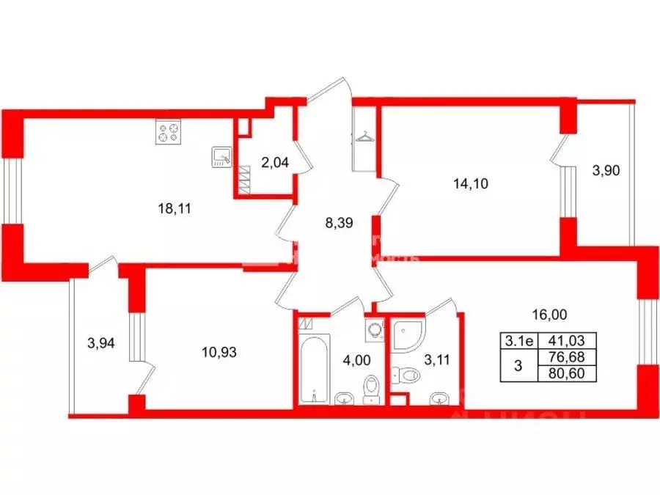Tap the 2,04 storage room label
[274, 163]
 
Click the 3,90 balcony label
[606, 171]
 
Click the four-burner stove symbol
[168, 132]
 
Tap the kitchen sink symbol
[221, 157]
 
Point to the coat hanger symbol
[363, 136]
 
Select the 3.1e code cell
[518, 340]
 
